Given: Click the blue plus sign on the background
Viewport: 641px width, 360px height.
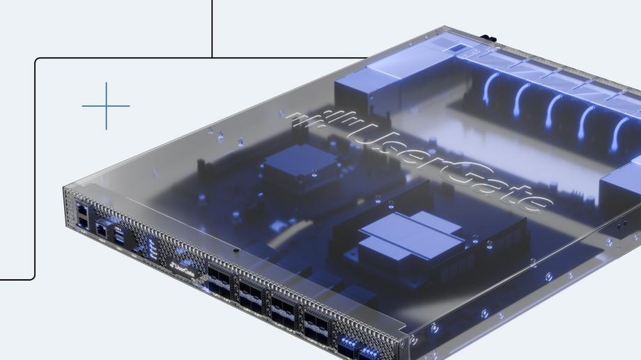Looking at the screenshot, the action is coord(106,106).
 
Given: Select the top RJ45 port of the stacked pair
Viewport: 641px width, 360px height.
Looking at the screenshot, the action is coord(82,210).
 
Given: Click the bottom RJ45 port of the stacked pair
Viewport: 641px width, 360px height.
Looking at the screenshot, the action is coord(83,222).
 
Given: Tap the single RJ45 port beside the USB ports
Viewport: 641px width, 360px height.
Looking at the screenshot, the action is coord(102,230).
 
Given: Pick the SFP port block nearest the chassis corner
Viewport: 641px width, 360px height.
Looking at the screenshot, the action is coord(316,326).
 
